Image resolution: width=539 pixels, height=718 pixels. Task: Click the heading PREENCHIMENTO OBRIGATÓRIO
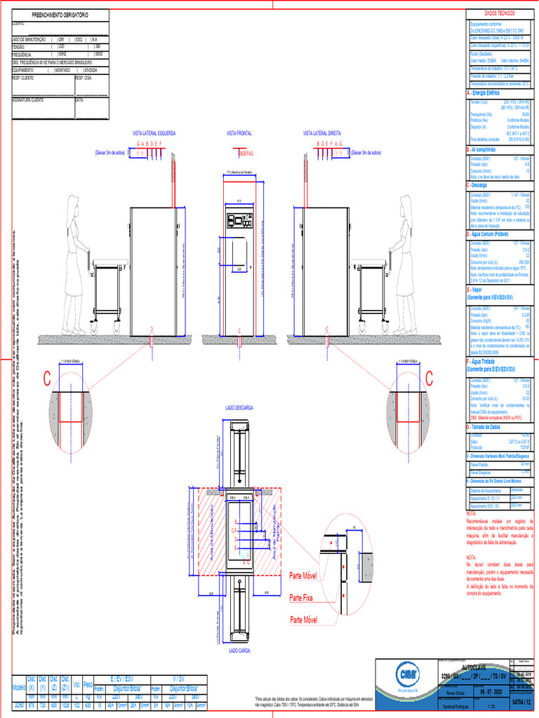(60, 15)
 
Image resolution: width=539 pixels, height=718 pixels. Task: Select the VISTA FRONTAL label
(239, 132)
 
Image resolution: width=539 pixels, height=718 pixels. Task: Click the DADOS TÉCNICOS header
(500, 14)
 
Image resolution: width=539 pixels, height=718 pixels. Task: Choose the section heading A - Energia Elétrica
(484, 93)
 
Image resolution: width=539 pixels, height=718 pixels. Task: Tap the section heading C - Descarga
(482, 186)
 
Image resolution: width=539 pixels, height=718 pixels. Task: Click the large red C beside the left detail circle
(47, 379)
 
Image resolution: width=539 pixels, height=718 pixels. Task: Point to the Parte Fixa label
(303, 598)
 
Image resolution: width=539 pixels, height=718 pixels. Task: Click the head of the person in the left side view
(72, 203)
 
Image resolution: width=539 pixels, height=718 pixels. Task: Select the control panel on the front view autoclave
(239, 221)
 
